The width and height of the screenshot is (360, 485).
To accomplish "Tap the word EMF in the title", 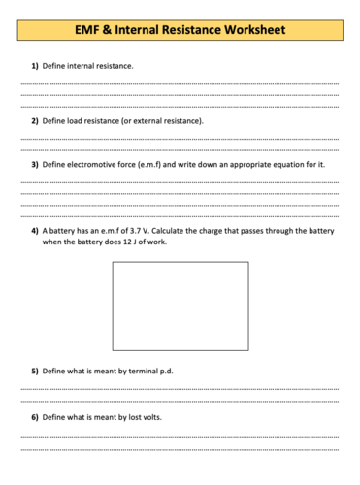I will click(x=90, y=30).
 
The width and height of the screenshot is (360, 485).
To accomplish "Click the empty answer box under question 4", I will click(x=180, y=306).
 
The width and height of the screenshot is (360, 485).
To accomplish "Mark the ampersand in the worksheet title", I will click(x=108, y=30).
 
